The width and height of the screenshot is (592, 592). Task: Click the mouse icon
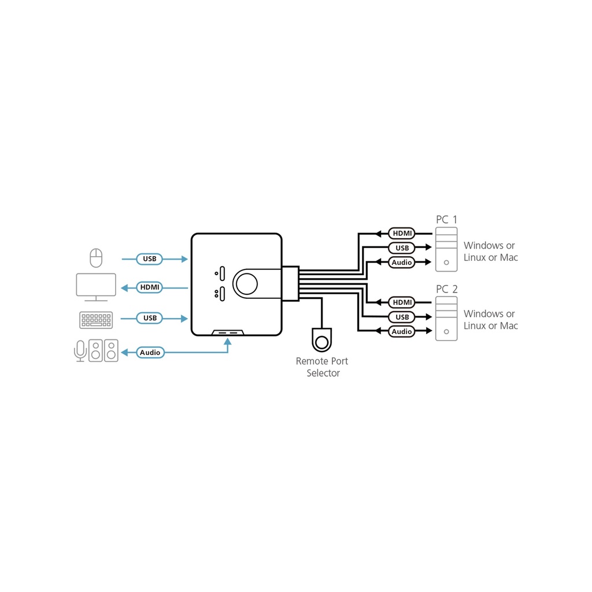[96, 258]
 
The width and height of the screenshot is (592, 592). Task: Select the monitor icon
[96, 287]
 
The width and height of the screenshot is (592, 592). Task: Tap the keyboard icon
[96, 320]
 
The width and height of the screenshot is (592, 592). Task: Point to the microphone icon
[80, 351]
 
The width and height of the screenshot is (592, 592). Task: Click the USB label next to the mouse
[150, 259]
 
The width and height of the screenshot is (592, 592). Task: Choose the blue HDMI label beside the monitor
[150, 287]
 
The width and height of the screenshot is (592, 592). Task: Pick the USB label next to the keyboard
[150, 319]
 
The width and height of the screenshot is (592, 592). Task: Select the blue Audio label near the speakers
[150, 353]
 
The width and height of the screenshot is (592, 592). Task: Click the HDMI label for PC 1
[402, 234]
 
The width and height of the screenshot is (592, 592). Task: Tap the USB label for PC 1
[402, 248]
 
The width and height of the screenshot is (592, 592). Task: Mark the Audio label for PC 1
[402, 262]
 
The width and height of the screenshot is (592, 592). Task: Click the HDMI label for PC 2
[402, 302]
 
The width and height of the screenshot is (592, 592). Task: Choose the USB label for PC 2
[402, 317]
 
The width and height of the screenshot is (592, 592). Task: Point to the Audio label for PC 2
[402, 331]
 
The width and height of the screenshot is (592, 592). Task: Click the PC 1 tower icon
[446, 249]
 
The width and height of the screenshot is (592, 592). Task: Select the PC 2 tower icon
[446, 319]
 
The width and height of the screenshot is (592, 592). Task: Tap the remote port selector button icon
[321, 340]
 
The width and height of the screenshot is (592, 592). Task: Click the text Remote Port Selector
[322, 367]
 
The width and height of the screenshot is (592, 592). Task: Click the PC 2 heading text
[447, 289]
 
